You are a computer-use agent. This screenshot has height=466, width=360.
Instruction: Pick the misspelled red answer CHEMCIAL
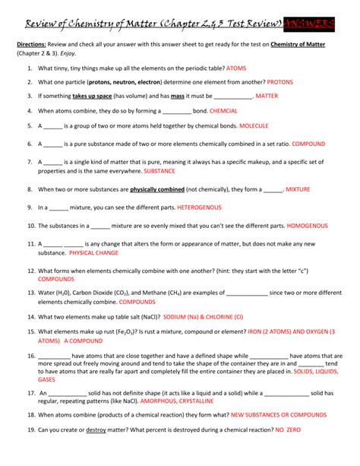point(224,111)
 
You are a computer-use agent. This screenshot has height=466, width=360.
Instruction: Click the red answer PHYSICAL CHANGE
point(94,252)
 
